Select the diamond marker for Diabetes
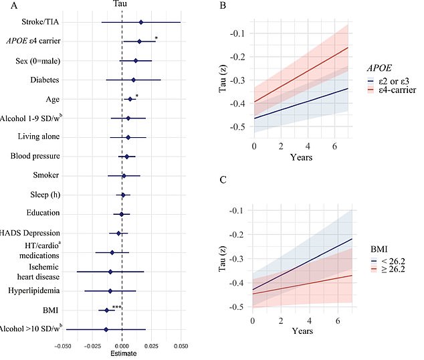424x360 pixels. (134, 80)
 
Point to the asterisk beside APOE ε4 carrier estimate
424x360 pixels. (156, 38)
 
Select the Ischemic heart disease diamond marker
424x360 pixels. (110, 272)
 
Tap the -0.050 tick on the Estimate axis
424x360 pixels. (63, 347)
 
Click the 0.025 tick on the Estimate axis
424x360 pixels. (151, 347)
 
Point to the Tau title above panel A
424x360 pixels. (122, 5)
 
